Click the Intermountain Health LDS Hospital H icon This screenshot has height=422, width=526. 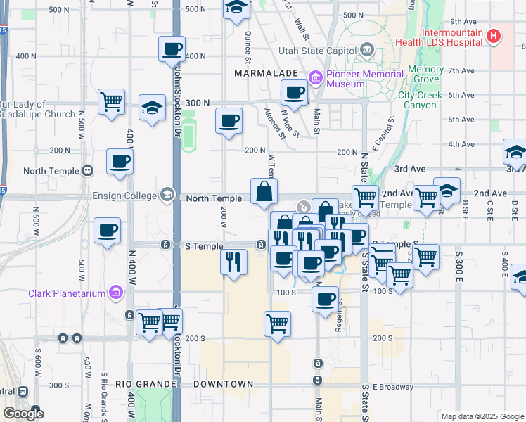coord(494,36)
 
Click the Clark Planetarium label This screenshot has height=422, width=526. coord(68,293)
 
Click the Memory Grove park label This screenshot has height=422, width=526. coord(425,75)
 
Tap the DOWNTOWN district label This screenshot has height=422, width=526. coord(224,384)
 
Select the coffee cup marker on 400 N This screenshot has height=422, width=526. coord(172,50)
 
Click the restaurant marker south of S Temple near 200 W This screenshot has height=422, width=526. coord(233,262)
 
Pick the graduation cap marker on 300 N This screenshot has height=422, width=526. coord(152,108)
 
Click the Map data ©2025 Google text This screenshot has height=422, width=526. coord(482,416)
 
